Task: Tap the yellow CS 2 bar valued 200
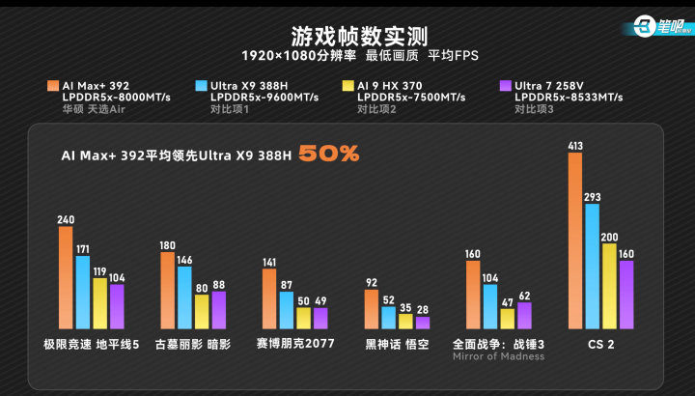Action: pyautogui.click(x=609, y=286)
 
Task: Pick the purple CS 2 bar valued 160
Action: pyautogui.click(x=625, y=295)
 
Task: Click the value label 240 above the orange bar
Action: pyautogui.click(x=66, y=219)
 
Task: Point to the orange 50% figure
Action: pyautogui.click(x=328, y=154)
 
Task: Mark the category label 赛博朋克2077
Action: pyautogui.click(x=294, y=344)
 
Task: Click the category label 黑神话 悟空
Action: pyautogui.click(x=397, y=344)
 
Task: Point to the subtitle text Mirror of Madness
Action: pyautogui.click(x=498, y=356)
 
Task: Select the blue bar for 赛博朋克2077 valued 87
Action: pyautogui.click(x=287, y=310)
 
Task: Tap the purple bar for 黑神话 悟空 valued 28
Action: pyautogui.click(x=423, y=323)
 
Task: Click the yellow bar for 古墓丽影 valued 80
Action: pyautogui.click(x=201, y=312)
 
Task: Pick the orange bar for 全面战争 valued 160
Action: pyautogui.click(x=473, y=295)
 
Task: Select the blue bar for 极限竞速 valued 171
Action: pyautogui.click(x=83, y=293)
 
